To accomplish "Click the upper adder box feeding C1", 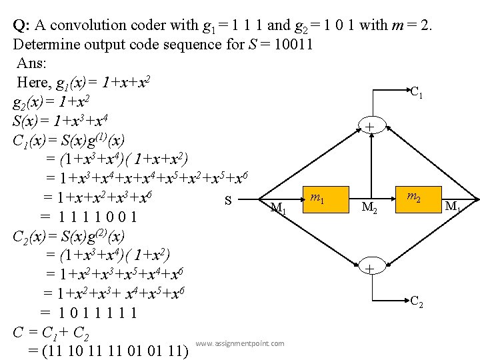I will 369,125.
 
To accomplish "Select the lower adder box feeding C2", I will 369,268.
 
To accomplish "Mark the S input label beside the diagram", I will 229,200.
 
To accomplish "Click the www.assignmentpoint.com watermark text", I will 240,344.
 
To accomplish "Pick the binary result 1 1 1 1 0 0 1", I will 97,217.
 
